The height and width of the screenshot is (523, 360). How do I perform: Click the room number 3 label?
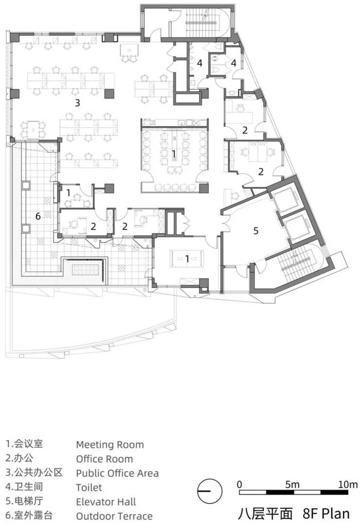click(x=77, y=103)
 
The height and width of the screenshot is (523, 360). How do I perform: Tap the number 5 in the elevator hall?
click(x=256, y=231)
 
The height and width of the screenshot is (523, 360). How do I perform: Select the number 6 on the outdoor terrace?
click(x=38, y=216)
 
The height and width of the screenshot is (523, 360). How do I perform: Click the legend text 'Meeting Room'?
click(x=110, y=445)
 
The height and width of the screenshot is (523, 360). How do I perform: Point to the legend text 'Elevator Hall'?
click(x=106, y=502)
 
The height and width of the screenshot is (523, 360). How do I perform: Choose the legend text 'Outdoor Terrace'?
click(x=114, y=516)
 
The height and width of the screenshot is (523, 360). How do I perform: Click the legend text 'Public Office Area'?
click(x=117, y=473)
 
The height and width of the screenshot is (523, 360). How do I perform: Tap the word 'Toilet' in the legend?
click(x=89, y=487)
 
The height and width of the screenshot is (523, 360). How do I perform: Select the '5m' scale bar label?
click(x=292, y=485)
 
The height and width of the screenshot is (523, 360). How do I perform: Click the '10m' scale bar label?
click(x=347, y=485)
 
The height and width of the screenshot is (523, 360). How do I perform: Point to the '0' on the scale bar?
click(x=240, y=485)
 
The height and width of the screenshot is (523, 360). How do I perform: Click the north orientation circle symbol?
click(x=210, y=491)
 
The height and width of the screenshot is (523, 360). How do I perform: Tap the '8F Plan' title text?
click(x=326, y=514)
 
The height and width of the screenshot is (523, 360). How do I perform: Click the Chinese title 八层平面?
click(x=265, y=514)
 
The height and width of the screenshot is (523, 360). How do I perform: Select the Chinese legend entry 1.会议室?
click(x=24, y=444)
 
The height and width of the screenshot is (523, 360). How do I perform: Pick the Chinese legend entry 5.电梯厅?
click(x=24, y=501)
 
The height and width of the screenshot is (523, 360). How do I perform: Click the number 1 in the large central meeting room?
click(x=174, y=154)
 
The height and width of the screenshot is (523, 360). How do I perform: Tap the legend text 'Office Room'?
click(x=105, y=459)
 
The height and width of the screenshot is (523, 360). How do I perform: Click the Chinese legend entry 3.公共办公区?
click(x=34, y=472)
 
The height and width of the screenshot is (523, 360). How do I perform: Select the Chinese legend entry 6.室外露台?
click(x=29, y=515)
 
